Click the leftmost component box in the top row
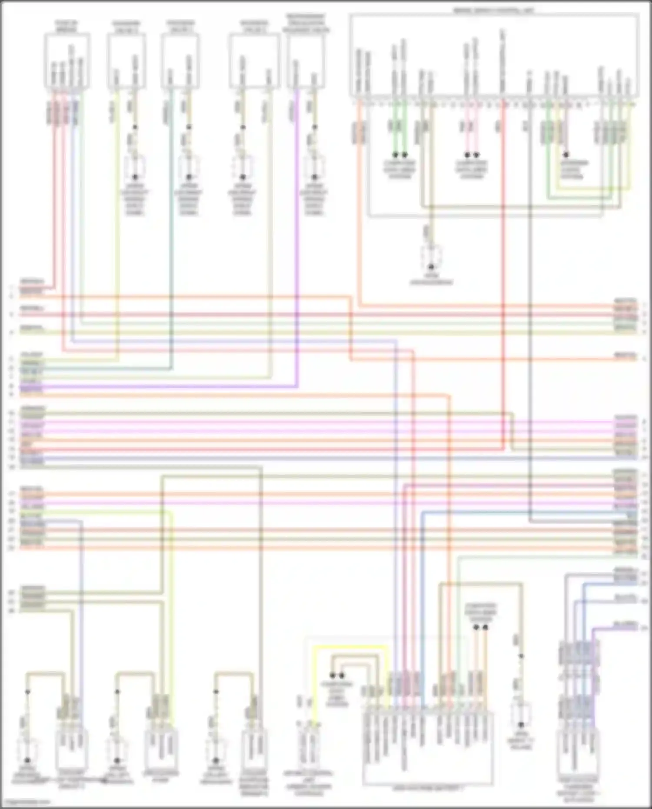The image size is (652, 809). click(x=67, y=61)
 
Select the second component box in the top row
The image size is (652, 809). click(x=126, y=61)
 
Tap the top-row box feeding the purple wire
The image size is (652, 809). click(x=306, y=61)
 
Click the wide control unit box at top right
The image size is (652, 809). click(x=494, y=54)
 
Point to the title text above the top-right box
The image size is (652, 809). click(x=494, y=10)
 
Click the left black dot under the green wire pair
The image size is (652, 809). click(x=396, y=155)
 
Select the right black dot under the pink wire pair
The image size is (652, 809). click(x=476, y=155)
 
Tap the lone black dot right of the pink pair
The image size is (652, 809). click(x=566, y=155)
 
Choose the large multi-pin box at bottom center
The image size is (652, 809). click(x=428, y=748)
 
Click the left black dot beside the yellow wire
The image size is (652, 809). click(x=333, y=676)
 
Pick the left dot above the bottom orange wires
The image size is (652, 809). click(x=476, y=628)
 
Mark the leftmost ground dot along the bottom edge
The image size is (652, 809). click(x=27, y=760)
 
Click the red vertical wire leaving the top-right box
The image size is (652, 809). click(x=503, y=261)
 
